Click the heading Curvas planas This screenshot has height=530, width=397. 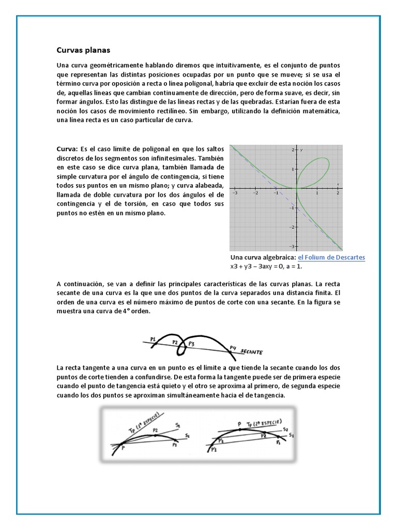click(x=83, y=50)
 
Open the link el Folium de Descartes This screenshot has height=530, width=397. click(x=331, y=257)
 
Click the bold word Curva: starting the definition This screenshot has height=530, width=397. click(x=67, y=149)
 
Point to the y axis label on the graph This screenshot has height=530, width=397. click(x=301, y=150)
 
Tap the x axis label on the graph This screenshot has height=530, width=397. click(x=338, y=184)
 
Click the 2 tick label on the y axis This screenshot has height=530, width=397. click(x=293, y=150)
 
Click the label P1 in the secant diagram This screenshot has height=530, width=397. click(x=153, y=339)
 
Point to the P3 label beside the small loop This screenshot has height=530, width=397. click(x=191, y=343)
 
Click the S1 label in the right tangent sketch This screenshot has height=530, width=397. click(x=292, y=436)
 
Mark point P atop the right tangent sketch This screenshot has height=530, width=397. click(x=239, y=423)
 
